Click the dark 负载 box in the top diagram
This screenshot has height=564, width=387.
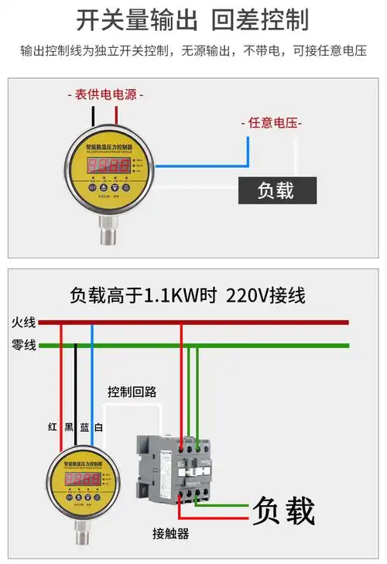click(276, 190)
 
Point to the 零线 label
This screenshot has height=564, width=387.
click(23, 345)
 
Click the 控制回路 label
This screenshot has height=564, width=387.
click(132, 391)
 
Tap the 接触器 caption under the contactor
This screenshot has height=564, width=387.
click(170, 534)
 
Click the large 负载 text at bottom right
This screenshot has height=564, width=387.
click(283, 511)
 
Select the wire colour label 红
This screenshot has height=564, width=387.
click(52, 428)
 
